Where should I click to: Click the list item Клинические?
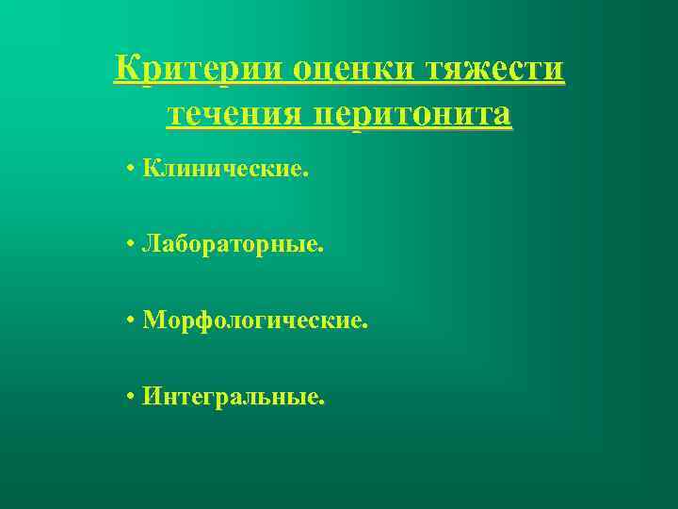(x=224, y=171)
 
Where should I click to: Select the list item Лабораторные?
(x=232, y=245)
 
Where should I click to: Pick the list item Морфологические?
(x=254, y=321)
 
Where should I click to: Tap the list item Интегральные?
(x=234, y=397)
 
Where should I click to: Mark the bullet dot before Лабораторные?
(x=129, y=247)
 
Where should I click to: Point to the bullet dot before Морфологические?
(x=129, y=322)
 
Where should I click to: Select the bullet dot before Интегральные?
(x=129, y=398)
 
